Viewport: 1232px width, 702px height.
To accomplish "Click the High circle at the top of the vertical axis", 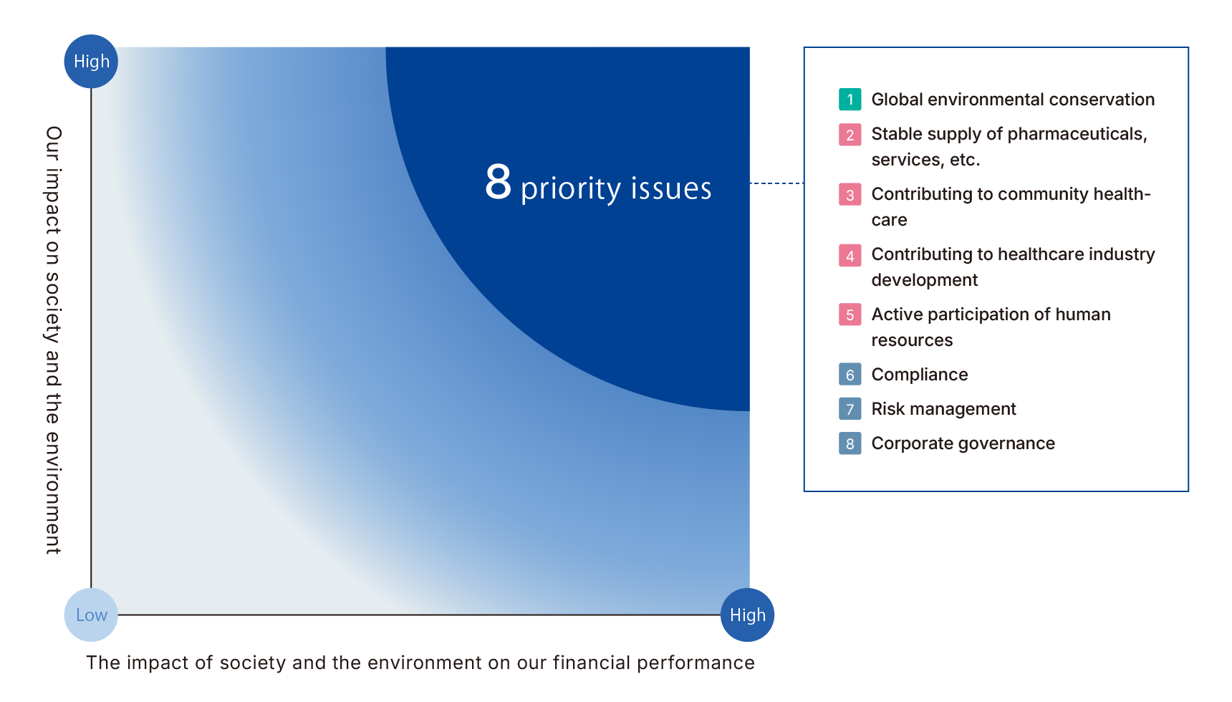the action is click(x=91, y=62).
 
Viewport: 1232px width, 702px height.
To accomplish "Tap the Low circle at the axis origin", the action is click(x=91, y=615).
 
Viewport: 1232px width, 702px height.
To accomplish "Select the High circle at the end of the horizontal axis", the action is click(x=747, y=615).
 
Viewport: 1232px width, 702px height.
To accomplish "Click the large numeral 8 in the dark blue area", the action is click(x=498, y=182).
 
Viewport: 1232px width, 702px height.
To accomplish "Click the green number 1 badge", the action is click(x=850, y=99).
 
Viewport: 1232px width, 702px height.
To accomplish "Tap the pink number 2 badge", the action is click(x=850, y=134).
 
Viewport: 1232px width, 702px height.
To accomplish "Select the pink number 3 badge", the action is click(x=850, y=194).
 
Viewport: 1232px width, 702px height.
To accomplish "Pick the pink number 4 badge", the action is click(x=850, y=254).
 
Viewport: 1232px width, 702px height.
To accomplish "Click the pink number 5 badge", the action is click(x=850, y=314).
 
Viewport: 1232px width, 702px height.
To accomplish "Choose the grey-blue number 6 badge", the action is click(x=850, y=374).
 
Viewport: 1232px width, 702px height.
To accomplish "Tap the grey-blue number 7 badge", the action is click(x=850, y=408).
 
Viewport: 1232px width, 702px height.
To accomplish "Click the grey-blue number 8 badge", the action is click(x=850, y=443).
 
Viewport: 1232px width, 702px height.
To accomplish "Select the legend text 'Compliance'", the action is click(x=920, y=375).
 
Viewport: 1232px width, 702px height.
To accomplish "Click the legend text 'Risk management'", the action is click(x=943, y=409).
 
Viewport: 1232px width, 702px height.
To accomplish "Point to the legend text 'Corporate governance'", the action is click(x=963, y=443).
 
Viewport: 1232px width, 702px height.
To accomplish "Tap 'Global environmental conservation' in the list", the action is click(x=1013, y=100).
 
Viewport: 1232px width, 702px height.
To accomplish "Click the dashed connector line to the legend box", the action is click(x=776, y=183).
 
